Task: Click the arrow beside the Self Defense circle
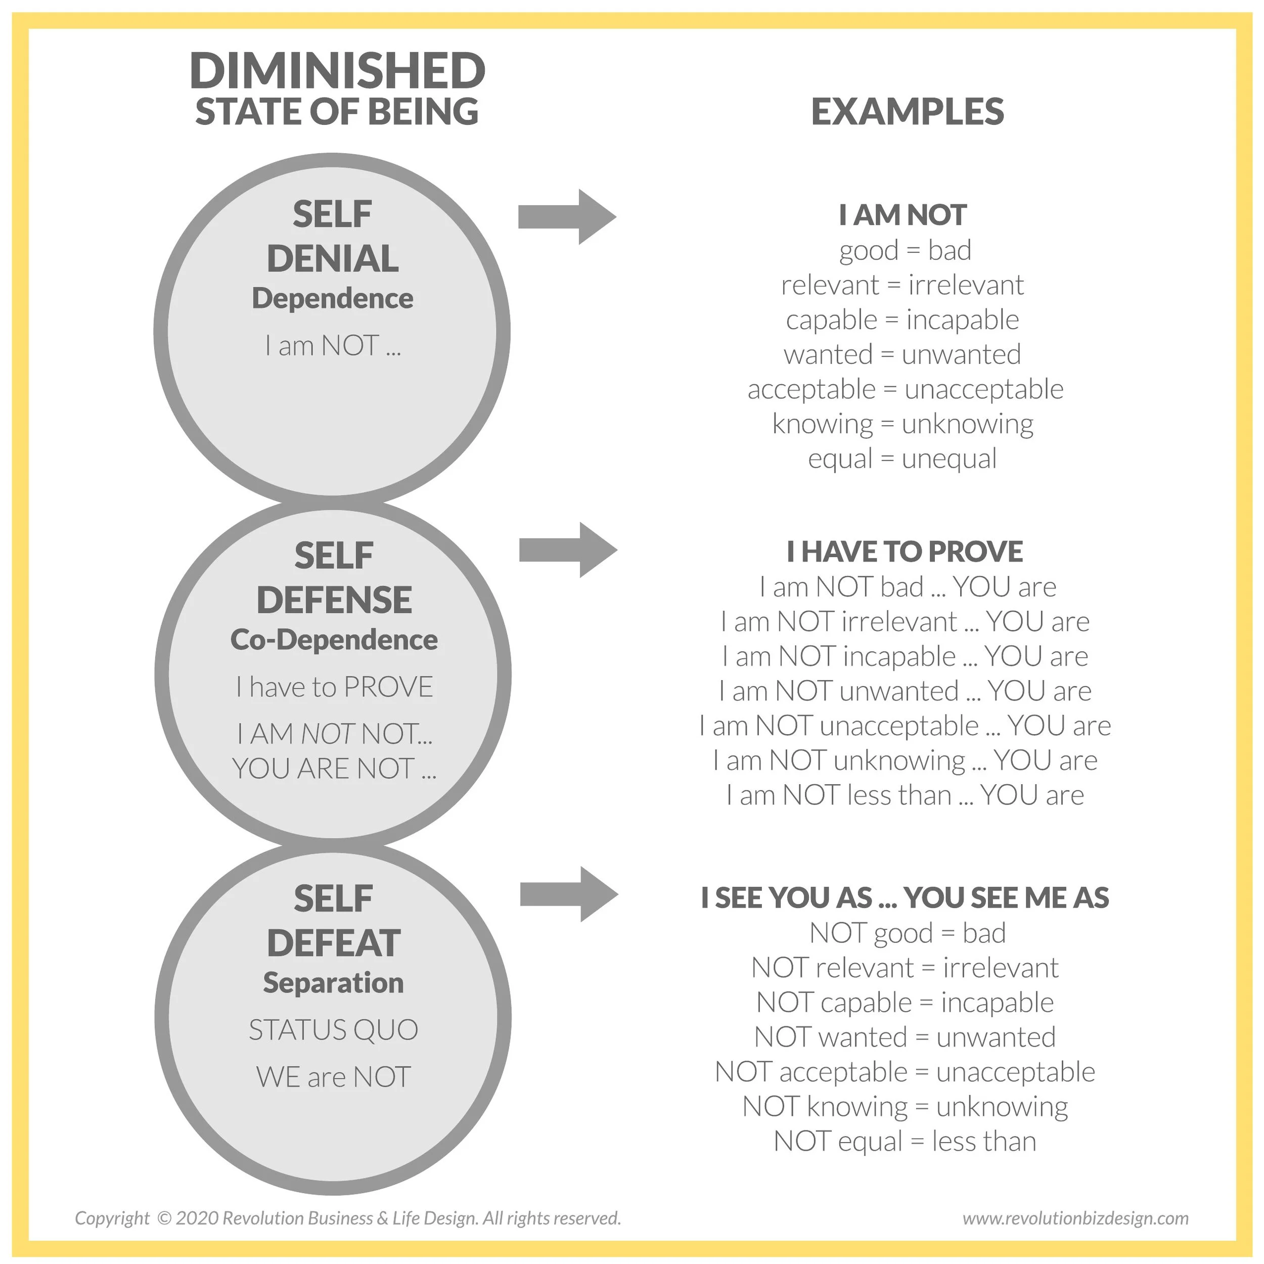(x=568, y=550)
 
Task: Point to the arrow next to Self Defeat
(x=568, y=894)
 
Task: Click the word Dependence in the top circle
(x=332, y=299)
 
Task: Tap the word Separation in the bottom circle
(x=333, y=983)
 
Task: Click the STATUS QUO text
(x=333, y=1030)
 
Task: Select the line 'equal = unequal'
(x=902, y=459)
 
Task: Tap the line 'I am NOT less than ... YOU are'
(x=905, y=795)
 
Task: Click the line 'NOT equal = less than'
(x=905, y=1142)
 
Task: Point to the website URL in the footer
(x=1075, y=1218)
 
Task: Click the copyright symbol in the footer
(x=164, y=1218)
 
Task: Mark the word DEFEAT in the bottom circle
(x=334, y=943)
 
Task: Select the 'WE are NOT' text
(x=333, y=1077)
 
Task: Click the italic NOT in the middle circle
(x=328, y=734)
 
